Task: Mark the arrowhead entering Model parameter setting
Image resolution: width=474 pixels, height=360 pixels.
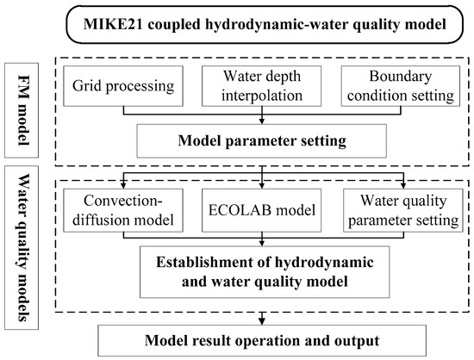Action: pos(259,121)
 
